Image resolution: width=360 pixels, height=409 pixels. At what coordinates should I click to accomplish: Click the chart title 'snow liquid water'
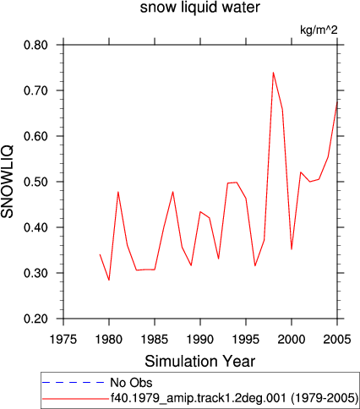point(200,8)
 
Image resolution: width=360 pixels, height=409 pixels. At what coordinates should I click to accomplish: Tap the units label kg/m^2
point(319,30)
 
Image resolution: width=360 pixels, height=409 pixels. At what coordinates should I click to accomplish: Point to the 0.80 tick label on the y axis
point(35,45)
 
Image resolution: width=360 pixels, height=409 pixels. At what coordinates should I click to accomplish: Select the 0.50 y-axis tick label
point(35,182)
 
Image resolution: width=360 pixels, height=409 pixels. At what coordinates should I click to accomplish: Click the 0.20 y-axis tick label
point(35,319)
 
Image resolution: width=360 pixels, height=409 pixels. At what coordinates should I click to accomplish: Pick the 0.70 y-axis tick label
point(35,90)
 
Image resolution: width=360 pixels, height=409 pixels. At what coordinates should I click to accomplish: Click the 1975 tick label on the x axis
point(63,340)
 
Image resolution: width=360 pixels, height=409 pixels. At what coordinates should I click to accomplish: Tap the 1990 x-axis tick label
point(200,340)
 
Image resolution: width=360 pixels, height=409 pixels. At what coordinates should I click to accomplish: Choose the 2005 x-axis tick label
point(337,340)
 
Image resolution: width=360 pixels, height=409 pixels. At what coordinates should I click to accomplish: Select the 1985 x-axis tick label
point(155,340)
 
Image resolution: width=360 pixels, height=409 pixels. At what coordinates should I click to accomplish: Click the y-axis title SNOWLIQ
point(8,182)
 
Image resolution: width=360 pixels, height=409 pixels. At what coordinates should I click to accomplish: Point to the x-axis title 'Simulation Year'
point(200,362)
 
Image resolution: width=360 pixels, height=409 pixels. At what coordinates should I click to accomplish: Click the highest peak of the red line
point(273,73)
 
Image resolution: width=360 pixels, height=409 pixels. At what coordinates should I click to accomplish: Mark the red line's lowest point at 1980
point(109,280)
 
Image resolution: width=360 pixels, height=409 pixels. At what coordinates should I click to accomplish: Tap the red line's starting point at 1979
point(100,254)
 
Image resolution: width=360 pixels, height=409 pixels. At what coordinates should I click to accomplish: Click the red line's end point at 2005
point(337,102)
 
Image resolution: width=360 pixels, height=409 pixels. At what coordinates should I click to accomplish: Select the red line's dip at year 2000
point(292,249)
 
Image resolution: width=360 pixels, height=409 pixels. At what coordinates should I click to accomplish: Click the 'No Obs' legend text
point(131,383)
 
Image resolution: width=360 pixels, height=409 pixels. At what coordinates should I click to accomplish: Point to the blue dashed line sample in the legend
point(74,383)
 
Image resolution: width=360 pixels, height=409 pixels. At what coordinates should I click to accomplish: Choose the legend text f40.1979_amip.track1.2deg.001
point(199,398)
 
